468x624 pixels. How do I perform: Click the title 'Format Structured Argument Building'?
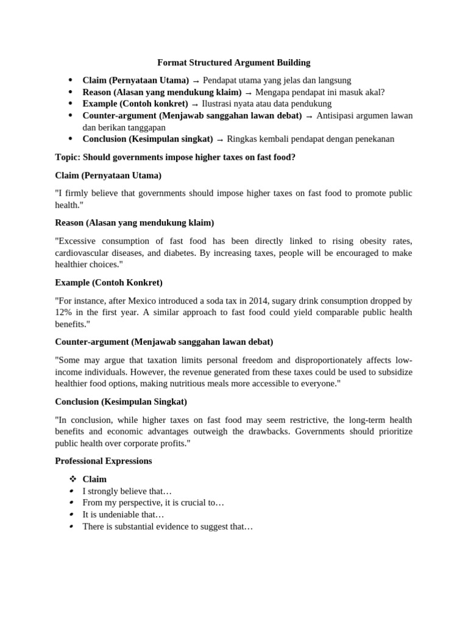(x=234, y=62)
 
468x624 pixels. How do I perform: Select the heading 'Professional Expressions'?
(x=104, y=461)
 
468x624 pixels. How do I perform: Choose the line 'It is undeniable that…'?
(x=124, y=515)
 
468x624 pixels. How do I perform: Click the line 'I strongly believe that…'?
(x=127, y=491)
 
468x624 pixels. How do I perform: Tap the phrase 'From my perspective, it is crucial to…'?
(x=154, y=503)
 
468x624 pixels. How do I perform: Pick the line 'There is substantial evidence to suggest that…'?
(x=168, y=526)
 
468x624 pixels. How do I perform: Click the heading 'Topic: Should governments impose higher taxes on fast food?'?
(x=175, y=157)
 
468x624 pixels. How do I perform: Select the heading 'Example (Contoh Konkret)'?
(x=108, y=283)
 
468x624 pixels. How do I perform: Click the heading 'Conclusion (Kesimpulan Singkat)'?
(x=121, y=402)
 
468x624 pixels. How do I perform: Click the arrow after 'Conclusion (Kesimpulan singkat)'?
(x=220, y=140)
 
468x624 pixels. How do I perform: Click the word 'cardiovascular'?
(x=82, y=253)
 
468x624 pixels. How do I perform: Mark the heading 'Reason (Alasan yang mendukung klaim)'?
(x=134, y=222)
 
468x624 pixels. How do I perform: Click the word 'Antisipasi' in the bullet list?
(x=336, y=116)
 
